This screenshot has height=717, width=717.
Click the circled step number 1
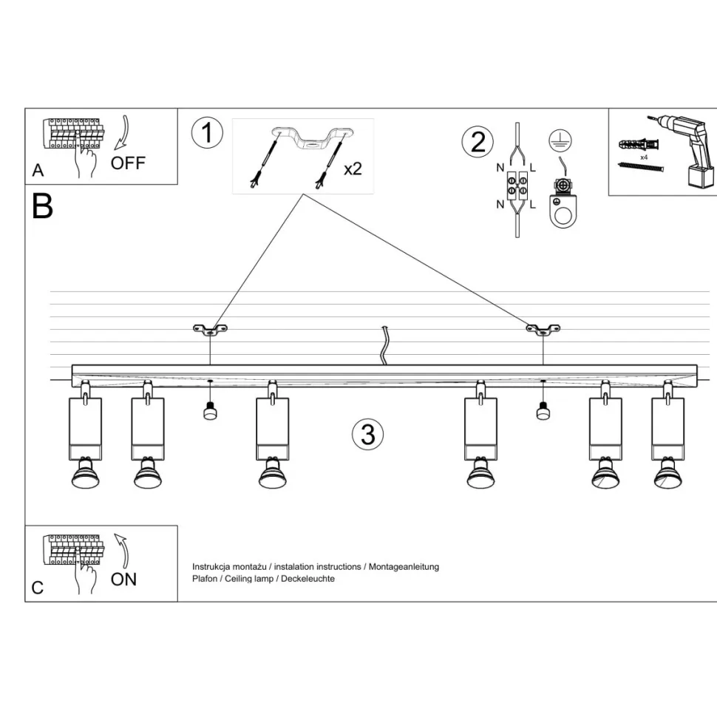click(207, 133)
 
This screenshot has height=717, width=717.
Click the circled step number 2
click(478, 141)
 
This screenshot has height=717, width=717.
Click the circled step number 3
click(367, 433)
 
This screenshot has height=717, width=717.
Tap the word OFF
click(128, 163)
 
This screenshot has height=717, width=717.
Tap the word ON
click(123, 579)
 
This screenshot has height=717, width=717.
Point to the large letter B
click(43, 206)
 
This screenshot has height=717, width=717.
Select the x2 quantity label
click(353, 169)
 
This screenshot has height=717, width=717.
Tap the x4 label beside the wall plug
click(644, 157)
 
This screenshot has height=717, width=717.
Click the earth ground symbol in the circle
click(560, 139)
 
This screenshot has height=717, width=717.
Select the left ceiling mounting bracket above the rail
click(210, 330)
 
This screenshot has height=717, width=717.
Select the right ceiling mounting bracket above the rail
click(543, 330)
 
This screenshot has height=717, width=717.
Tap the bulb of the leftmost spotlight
click(85, 477)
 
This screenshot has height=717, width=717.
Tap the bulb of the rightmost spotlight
click(668, 478)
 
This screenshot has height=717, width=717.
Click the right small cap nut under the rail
click(543, 410)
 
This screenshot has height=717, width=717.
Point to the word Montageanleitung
click(404, 567)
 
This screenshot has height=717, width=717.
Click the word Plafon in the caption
click(205, 579)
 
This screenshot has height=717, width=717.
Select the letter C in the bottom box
click(38, 588)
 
